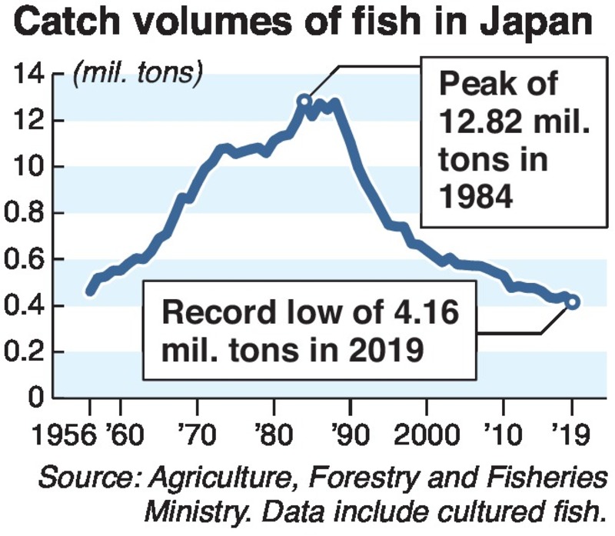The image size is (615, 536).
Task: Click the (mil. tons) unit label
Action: (137, 75)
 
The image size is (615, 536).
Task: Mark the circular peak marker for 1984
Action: (304, 101)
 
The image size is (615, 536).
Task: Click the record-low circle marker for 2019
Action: (573, 302)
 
